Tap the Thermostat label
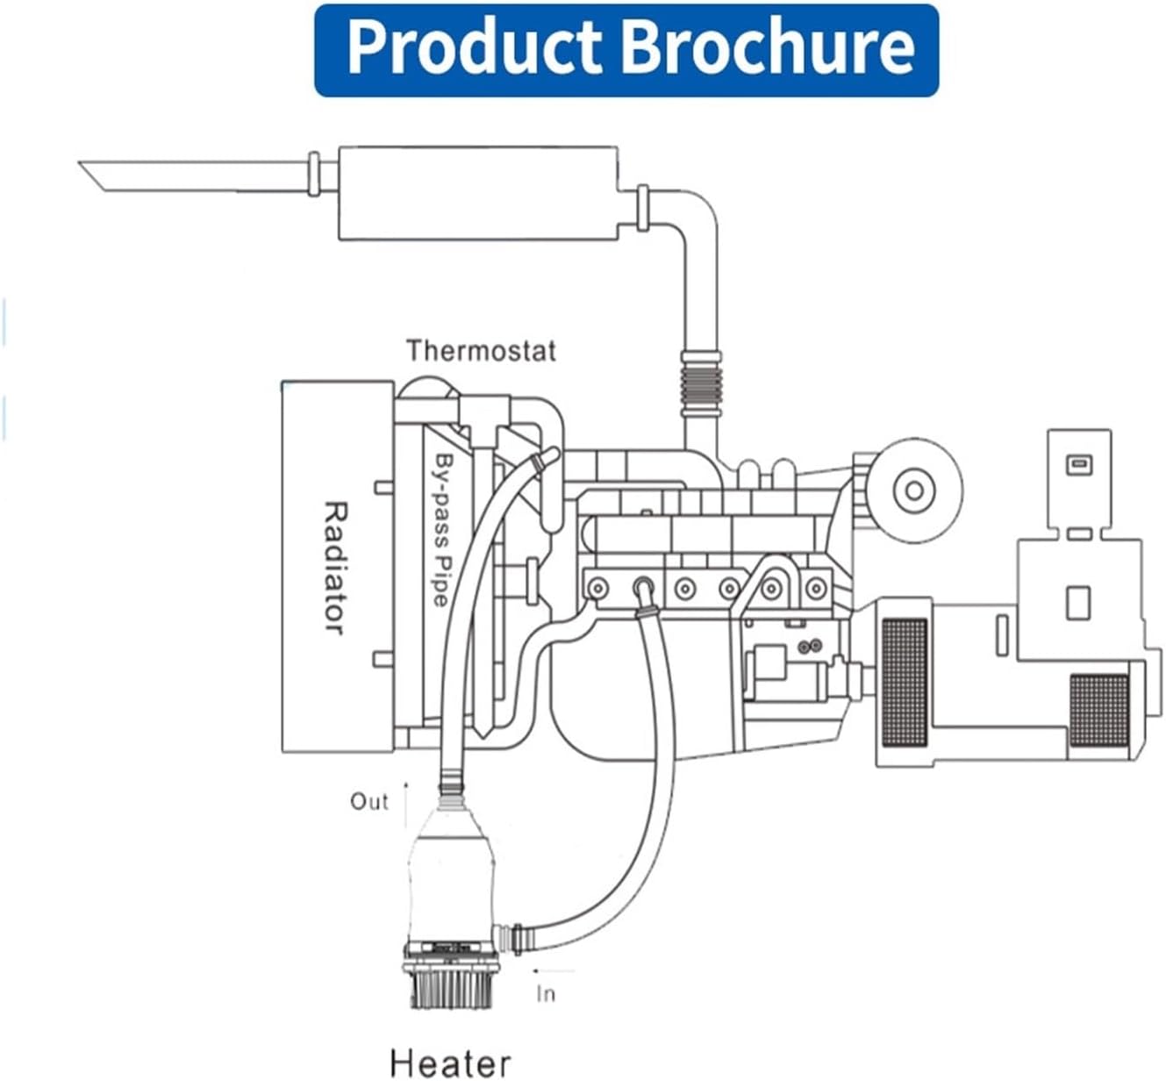coord(481,351)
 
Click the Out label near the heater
coord(368,801)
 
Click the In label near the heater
coord(546,993)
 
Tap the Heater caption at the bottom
coord(449,1062)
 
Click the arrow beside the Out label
coord(406,803)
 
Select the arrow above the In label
coord(553,971)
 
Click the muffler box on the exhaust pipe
coord(478,193)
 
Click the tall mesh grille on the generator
coord(904,682)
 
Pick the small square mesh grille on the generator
coord(1098,709)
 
